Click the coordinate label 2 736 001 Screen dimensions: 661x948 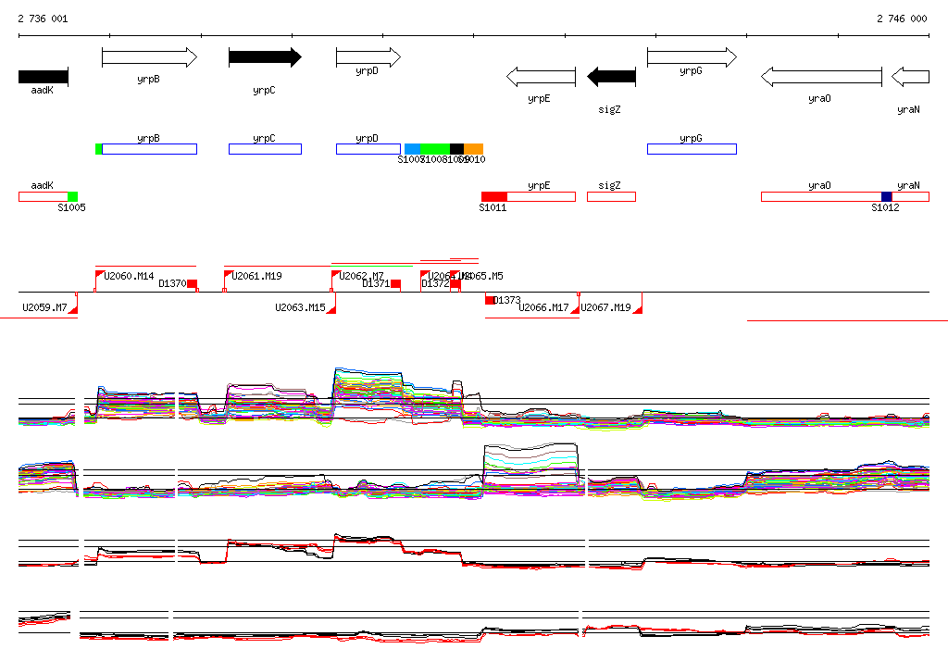point(43,19)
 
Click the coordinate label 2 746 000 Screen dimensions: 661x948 point(902,19)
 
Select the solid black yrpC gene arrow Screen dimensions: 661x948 point(265,57)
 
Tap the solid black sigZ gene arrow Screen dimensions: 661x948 point(611,76)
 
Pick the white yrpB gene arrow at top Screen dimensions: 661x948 point(149,57)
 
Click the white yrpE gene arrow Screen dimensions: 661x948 point(540,76)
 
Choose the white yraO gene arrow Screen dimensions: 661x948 point(820,76)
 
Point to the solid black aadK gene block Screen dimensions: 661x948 point(43,76)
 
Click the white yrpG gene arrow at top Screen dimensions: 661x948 point(691,57)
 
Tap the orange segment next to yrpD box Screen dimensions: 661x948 point(473,149)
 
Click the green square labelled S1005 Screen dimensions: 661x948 point(72,196)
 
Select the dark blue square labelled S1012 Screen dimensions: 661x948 point(886,196)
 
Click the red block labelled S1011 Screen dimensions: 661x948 point(494,196)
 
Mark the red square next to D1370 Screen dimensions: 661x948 point(193,284)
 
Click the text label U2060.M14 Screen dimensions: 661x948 point(129,276)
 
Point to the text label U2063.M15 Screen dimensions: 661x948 point(300,307)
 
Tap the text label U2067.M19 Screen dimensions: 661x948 point(605,307)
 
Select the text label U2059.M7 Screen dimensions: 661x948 point(44,307)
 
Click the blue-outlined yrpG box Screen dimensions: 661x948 point(691,149)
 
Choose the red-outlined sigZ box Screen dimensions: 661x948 point(611,196)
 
